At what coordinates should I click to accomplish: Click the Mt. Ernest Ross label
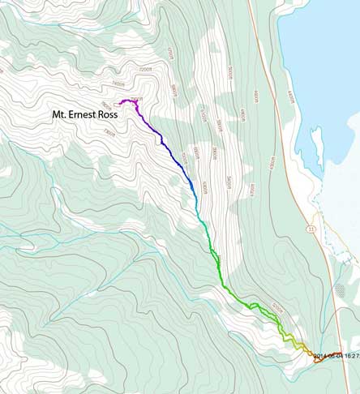tap(83, 116)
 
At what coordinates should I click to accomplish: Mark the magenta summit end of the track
tap(122, 101)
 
